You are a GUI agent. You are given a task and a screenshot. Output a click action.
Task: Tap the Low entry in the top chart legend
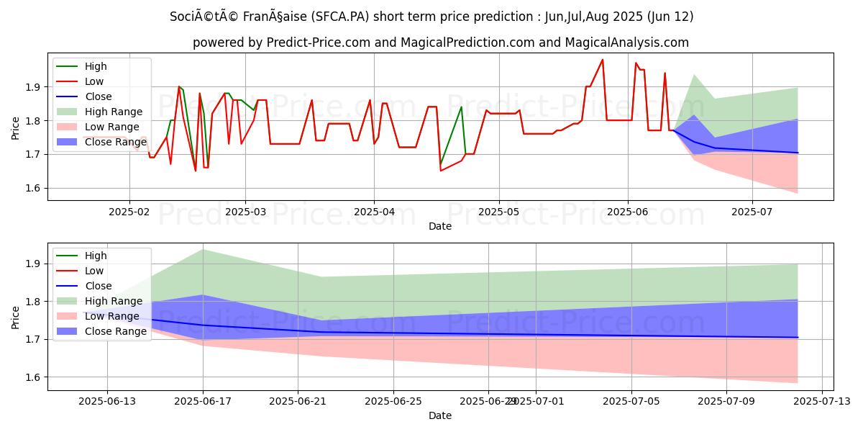96,81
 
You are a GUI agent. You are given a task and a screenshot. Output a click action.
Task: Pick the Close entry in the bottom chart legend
98,286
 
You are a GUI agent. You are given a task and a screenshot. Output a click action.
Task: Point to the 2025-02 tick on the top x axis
129,211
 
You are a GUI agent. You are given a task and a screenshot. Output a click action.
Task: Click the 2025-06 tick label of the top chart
628,211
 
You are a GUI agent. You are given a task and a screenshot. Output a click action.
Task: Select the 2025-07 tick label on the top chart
752,211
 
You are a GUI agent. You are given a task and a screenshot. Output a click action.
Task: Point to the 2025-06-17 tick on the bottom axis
203,400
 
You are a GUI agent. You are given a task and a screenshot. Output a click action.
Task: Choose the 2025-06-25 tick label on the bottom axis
393,400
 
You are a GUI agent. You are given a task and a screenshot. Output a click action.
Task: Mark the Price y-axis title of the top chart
16,127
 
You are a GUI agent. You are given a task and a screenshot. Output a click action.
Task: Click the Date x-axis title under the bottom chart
440,415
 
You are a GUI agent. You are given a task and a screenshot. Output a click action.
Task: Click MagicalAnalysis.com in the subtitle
626,42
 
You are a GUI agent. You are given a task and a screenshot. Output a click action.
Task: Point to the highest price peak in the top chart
603,60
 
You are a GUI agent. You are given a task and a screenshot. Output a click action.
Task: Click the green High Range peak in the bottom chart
203,249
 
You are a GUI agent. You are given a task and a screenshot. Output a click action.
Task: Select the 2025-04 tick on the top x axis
373,211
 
